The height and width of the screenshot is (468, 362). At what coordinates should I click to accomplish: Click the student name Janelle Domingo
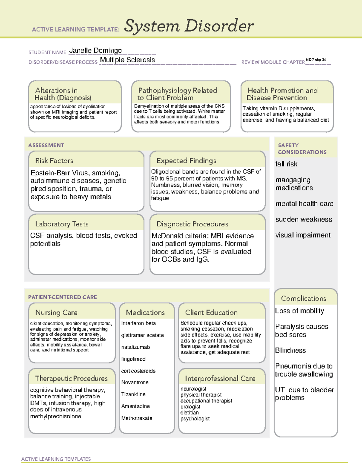tap(95, 51)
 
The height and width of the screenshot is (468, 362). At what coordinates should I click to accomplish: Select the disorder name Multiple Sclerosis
tap(127, 60)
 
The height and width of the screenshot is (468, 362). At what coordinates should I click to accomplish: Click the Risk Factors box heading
tap(54, 161)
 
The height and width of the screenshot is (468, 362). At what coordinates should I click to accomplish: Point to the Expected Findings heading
tap(186, 161)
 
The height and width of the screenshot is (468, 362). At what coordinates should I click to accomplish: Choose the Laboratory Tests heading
tap(62, 224)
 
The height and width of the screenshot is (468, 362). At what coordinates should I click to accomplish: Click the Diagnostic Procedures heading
tap(192, 224)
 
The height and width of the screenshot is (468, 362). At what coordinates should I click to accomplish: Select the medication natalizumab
tap(135, 347)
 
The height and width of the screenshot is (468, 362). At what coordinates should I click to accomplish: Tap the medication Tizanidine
tap(133, 394)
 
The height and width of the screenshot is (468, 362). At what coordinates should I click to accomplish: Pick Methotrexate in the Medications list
tap(137, 418)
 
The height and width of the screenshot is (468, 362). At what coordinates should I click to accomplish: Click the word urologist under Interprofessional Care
tap(190, 407)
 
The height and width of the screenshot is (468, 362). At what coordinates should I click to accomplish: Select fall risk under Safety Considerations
tap(286, 164)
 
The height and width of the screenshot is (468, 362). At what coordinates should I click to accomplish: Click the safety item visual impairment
tap(303, 235)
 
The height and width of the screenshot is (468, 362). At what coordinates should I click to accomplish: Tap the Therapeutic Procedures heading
tap(71, 378)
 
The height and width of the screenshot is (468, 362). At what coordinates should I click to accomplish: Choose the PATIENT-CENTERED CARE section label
tap(62, 297)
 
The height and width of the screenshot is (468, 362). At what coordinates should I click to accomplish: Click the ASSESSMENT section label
tap(46, 145)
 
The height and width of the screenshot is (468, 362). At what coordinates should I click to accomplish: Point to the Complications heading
tap(303, 298)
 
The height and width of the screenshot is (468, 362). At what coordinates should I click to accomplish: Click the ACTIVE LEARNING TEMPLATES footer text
tap(56, 459)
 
